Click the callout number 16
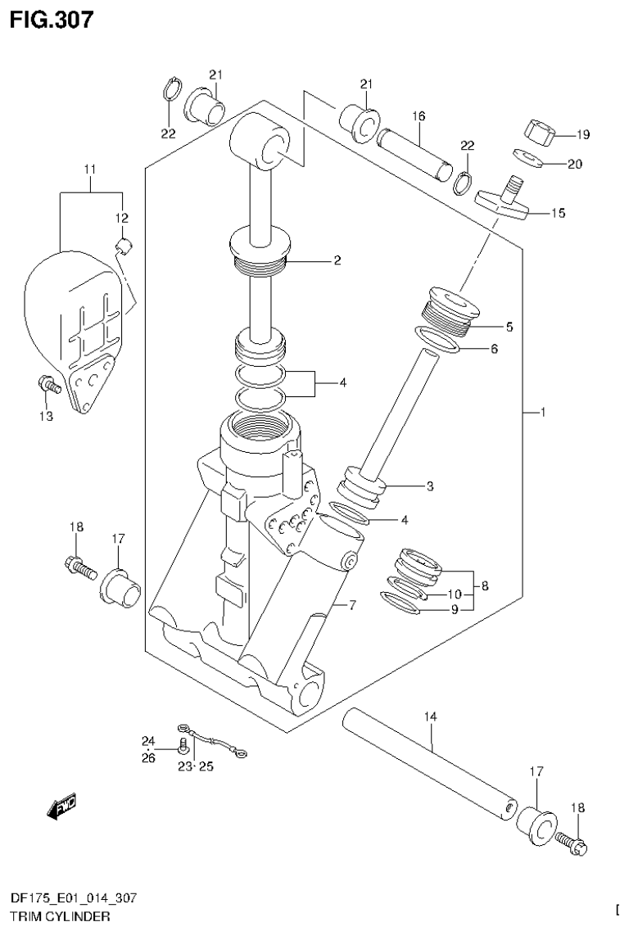[x=419, y=116]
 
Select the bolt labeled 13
[x=48, y=383]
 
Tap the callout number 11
[x=89, y=169]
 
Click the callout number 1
[x=542, y=412]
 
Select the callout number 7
[x=353, y=606]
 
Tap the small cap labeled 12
[x=125, y=243]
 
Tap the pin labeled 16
[x=414, y=151]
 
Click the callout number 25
[x=206, y=766]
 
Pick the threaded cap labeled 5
[x=449, y=310]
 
